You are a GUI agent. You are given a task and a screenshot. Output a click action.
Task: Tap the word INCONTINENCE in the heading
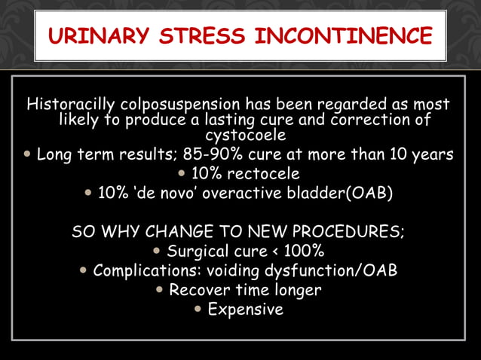[x=345, y=35]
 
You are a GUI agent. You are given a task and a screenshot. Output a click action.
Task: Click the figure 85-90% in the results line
[x=218, y=155]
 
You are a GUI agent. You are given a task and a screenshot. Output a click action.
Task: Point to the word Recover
[x=201, y=290]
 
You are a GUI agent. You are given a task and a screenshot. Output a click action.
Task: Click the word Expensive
[x=246, y=309]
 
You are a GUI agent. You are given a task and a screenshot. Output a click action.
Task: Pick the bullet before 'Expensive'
[x=198, y=309]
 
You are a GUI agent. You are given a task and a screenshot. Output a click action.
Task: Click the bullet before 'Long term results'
[x=28, y=155]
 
